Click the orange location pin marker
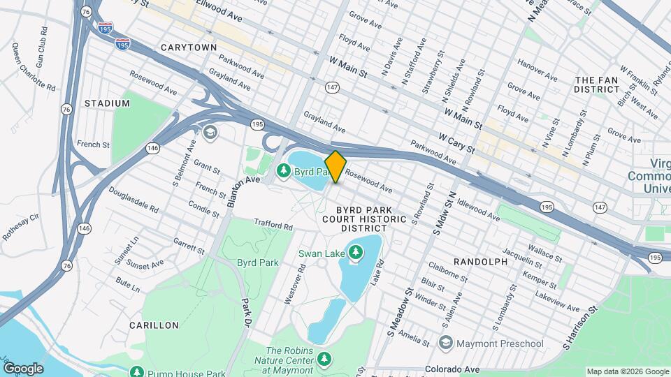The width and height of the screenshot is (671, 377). [x=335, y=166]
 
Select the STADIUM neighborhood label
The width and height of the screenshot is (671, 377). [x=107, y=103]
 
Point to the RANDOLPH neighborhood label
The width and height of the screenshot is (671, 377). [x=480, y=261]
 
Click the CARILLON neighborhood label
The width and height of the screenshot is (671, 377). [x=154, y=325]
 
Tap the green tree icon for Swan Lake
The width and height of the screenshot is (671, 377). [x=356, y=251]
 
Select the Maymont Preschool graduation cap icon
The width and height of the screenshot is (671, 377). [x=445, y=343]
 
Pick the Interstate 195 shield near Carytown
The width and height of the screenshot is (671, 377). [x=122, y=43]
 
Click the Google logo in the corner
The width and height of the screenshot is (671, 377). [x=23, y=368]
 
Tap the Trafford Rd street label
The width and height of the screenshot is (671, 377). [x=273, y=226]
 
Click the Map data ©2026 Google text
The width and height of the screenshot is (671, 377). [x=627, y=371]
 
